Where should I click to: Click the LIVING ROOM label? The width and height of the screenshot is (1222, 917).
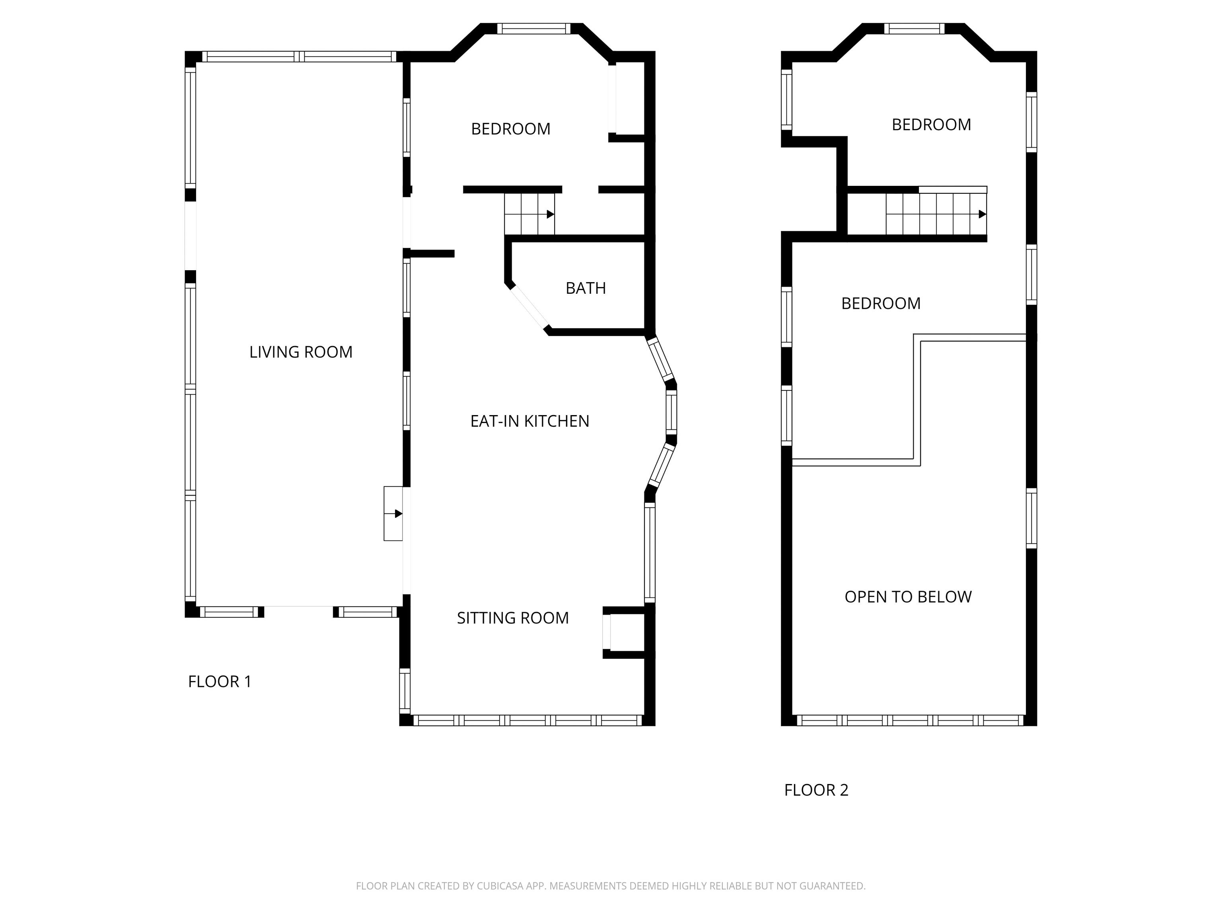tap(301, 352)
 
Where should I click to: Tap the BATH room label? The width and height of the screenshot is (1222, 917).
tap(586, 288)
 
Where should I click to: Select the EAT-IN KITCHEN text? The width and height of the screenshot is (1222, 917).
tap(529, 421)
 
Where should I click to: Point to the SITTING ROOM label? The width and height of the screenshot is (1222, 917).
tap(513, 618)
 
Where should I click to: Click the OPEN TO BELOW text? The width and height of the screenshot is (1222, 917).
tap(908, 597)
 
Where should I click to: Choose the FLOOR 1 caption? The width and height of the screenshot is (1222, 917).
tap(219, 681)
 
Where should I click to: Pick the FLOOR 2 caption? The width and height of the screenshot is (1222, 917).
tap(816, 790)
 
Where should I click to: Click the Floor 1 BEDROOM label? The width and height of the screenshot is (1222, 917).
tap(510, 129)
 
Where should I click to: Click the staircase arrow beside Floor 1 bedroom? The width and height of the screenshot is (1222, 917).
tap(550, 214)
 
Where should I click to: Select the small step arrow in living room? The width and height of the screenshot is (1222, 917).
tap(398, 513)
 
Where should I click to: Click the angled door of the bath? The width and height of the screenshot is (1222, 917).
tap(528, 307)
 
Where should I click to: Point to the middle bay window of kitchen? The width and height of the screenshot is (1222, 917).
tap(671, 412)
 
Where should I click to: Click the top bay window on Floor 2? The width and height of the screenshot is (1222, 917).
tap(914, 29)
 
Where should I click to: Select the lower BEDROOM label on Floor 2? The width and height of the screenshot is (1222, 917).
tap(881, 303)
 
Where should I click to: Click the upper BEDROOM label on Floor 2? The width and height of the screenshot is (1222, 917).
tap(931, 125)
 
